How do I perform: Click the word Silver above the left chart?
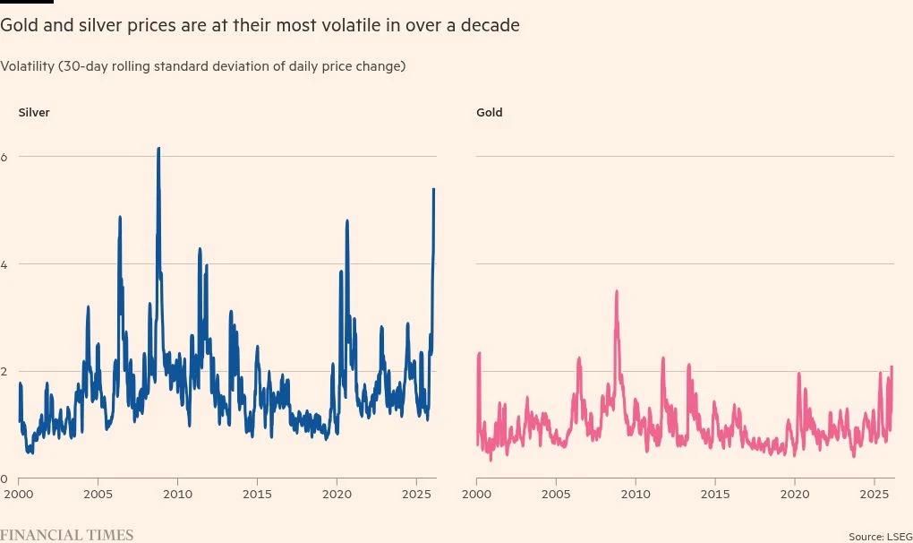(x=34, y=113)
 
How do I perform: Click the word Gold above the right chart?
(x=490, y=113)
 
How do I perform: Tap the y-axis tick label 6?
(x=4, y=157)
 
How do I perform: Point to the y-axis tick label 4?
(x=4, y=264)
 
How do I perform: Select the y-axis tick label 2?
(x=4, y=372)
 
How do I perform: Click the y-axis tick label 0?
(x=4, y=479)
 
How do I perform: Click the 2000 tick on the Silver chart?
(x=19, y=494)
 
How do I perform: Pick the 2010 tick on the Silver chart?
(x=178, y=494)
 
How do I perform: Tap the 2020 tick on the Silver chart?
(x=337, y=494)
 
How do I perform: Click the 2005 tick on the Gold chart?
(x=556, y=494)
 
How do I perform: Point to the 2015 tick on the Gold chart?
(x=714, y=494)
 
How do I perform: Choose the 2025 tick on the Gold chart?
(x=874, y=494)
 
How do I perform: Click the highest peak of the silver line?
(x=158, y=149)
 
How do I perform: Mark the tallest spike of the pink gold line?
(x=617, y=291)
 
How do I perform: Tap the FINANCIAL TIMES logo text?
(x=66, y=535)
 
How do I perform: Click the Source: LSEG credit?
(x=880, y=536)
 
